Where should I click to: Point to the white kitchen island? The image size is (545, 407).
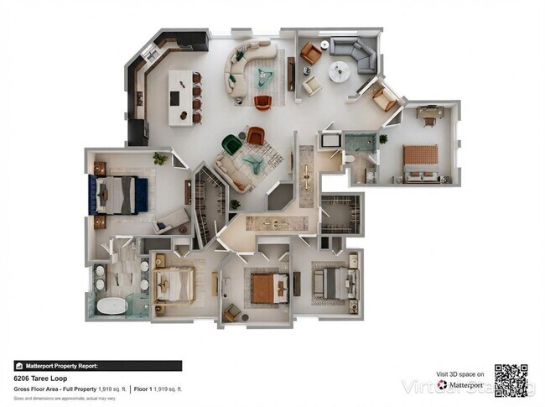(x=179, y=97)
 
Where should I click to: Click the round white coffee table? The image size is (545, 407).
(x=339, y=70)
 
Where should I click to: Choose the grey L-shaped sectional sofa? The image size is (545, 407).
(x=356, y=54)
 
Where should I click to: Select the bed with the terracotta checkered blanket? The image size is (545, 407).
(x=420, y=161)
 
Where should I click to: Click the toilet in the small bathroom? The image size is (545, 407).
(x=346, y=158)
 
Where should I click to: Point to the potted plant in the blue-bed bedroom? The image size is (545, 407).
(x=159, y=158)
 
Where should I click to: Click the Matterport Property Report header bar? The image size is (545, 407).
(x=97, y=366)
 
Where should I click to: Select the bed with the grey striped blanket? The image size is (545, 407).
(x=335, y=284)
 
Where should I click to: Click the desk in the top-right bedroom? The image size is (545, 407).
(x=430, y=112)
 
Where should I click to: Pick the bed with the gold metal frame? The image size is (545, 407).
(x=174, y=283)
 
